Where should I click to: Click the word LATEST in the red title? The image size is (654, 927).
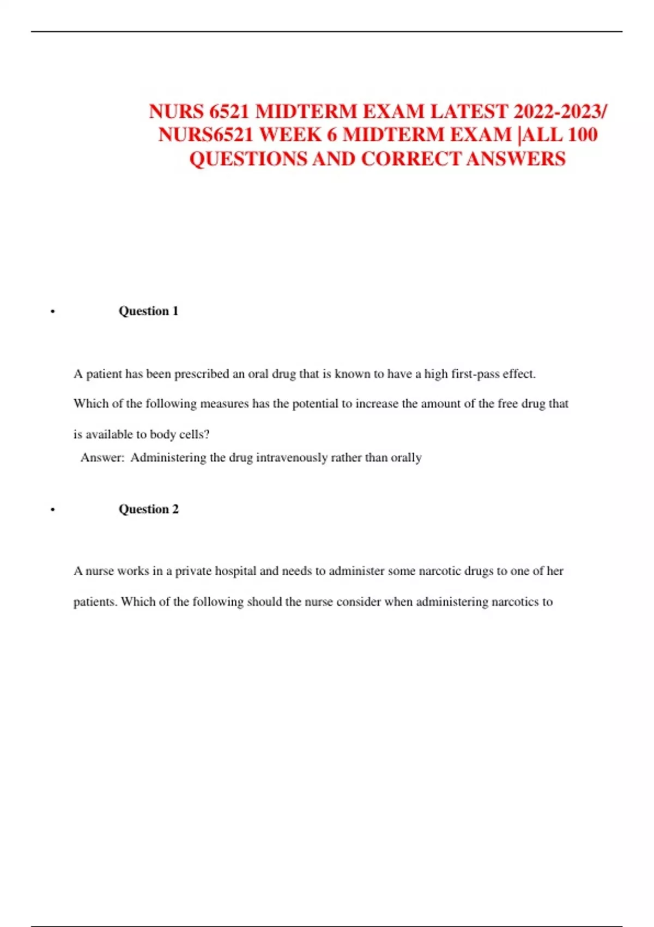[x=469, y=111]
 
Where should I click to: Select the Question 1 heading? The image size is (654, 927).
[x=148, y=311]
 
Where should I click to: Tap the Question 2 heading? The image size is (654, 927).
[x=148, y=509]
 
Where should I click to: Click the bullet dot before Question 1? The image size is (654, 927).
[x=52, y=312]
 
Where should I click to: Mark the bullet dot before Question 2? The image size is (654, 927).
[x=52, y=510]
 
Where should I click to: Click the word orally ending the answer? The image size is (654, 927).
[x=406, y=458]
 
